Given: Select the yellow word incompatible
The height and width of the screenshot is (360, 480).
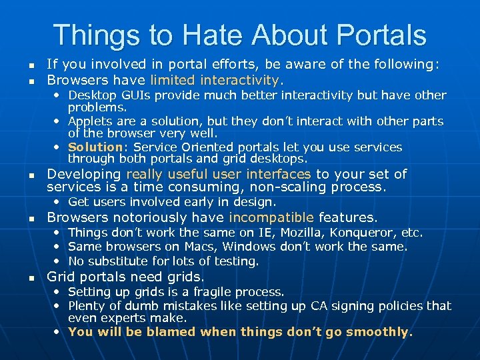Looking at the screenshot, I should click(x=271, y=217).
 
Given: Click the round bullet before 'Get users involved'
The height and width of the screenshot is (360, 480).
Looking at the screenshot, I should click(x=57, y=202).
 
